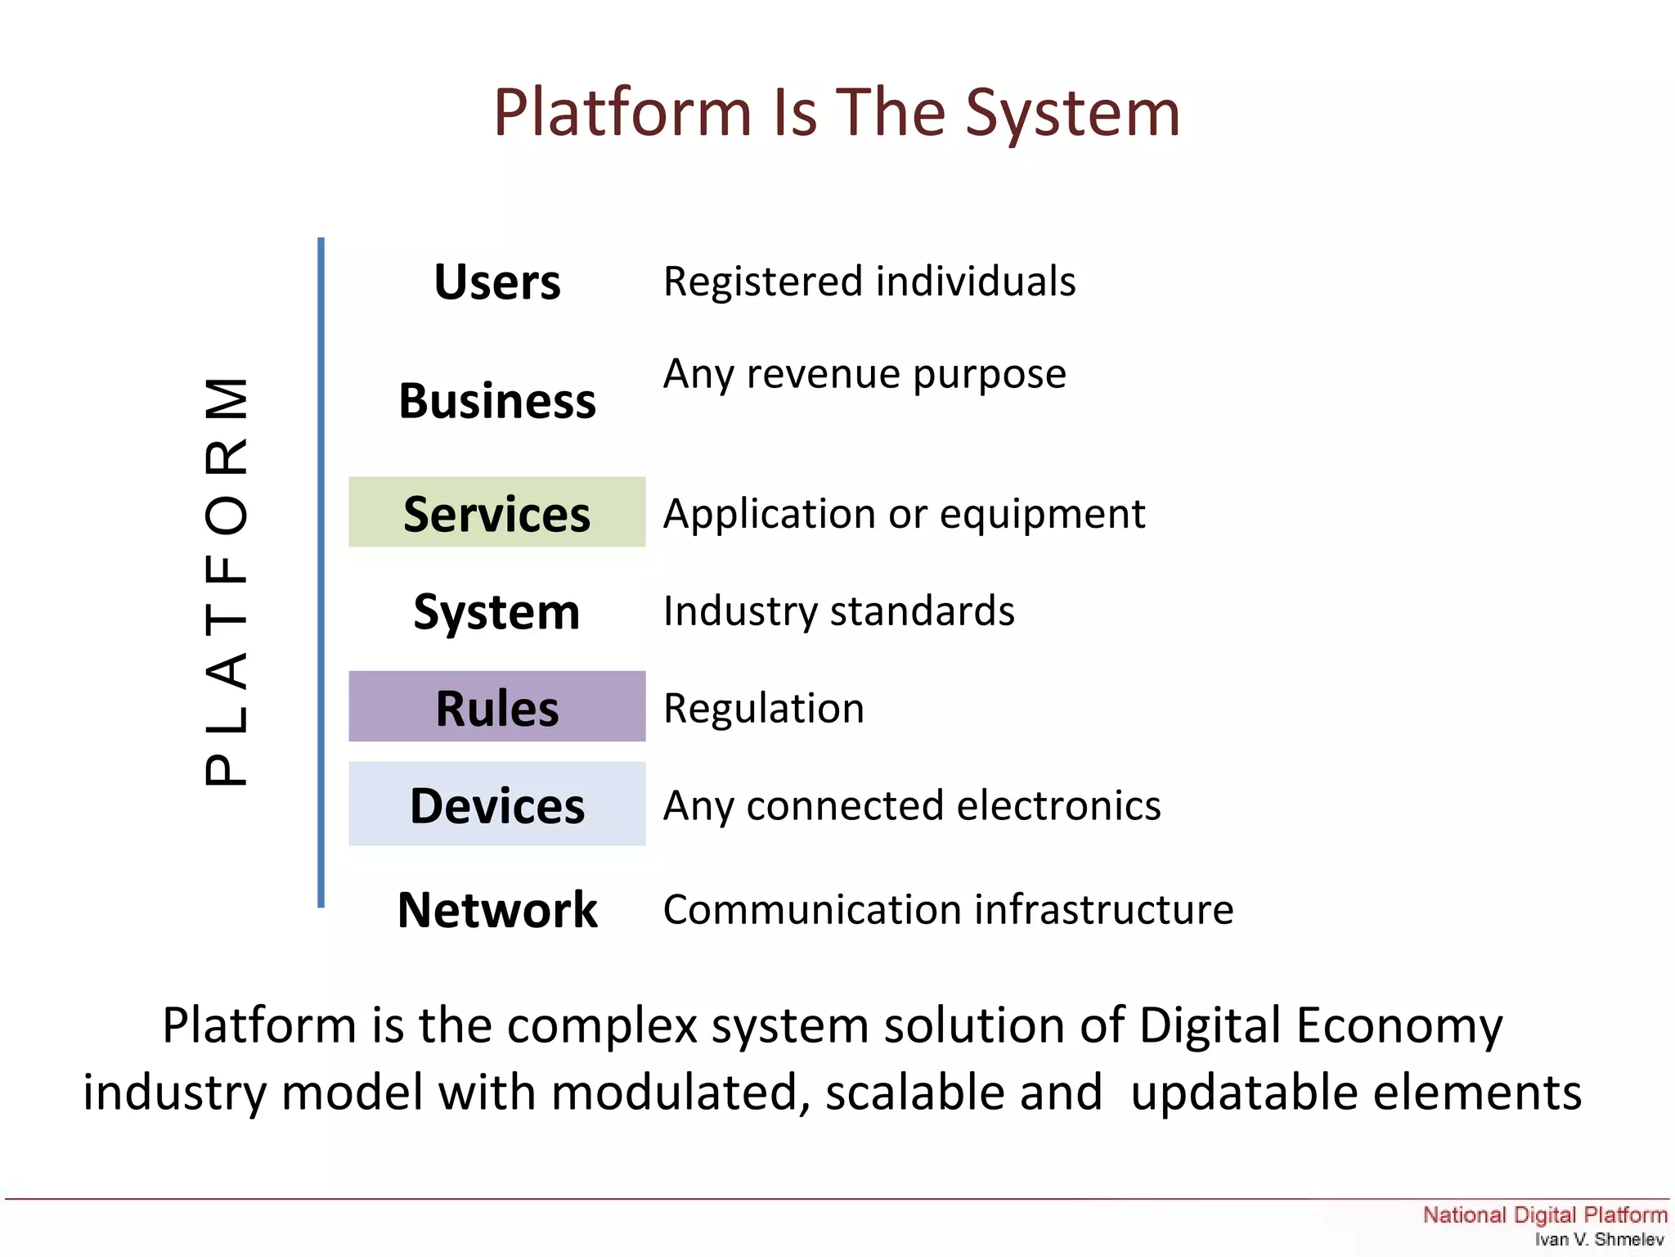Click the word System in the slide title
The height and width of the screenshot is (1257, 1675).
pyautogui.click(x=1073, y=115)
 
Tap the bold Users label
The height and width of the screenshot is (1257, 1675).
pyautogui.click(x=497, y=282)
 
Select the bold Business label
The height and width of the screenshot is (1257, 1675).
pyautogui.click(x=497, y=401)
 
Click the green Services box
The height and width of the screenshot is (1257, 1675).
pyautogui.click(x=497, y=513)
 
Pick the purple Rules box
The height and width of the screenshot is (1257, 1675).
pyautogui.click(x=497, y=707)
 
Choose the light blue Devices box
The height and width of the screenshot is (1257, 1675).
pyautogui.click(x=497, y=804)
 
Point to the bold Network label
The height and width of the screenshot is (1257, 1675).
pyautogui.click(x=497, y=910)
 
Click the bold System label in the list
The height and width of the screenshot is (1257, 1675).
pyautogui.click(x=497, y=611)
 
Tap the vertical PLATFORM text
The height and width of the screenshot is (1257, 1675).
pyautogui.click(x=227, y=581)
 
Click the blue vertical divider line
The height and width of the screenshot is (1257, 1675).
pyautogui.click(x=321, y=573)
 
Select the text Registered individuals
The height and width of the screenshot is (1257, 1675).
pyautogui.click(x=869, y=282)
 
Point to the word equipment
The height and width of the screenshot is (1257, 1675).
pyautogui.click(x=1043, y=515)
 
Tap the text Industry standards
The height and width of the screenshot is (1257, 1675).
pyautogui.click(x=839, y=611)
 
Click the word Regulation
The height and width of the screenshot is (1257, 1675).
pyautogui.click(x=764, y=708)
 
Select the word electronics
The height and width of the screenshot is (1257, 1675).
pyautogui.click(x=1058, y=805)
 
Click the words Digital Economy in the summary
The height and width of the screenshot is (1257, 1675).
pyautogui.click(x=1320, y=1025)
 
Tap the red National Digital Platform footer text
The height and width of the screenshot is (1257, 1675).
pyautogui.click(x=1544, y=1214)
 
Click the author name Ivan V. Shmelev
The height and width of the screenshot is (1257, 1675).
pyautogui.click(x=1599, y=1239)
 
